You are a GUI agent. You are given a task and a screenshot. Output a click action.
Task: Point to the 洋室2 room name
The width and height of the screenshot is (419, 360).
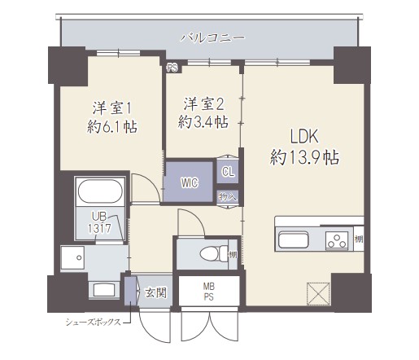[203, 103]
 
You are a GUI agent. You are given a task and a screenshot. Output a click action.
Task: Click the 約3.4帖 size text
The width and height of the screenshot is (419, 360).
[203, 122]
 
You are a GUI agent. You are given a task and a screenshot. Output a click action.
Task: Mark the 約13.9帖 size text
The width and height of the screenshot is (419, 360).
[304, 156]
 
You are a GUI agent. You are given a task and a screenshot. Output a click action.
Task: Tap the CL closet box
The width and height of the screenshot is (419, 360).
[228, 171]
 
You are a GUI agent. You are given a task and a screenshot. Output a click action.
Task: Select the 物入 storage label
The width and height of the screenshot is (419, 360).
[228, 196]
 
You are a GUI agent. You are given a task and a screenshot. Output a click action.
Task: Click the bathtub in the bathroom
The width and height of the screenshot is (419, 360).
[100, 192]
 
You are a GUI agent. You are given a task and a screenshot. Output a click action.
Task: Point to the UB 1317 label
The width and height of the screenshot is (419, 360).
[99, 222]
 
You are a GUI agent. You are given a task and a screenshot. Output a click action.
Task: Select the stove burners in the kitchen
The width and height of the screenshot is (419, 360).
[336, 240]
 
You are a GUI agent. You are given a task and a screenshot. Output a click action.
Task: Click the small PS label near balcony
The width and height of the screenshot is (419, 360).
[172, 68]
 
